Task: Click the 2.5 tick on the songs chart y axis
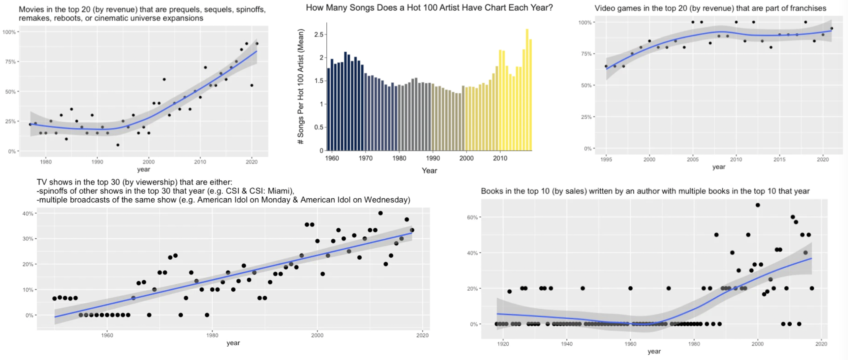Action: (x=319, y=34)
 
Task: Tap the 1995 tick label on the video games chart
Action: (x=606, y=159)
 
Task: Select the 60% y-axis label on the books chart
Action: (x=472, y=217)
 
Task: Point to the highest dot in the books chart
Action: (x=758, y=205)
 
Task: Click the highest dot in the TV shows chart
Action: (x=380, y=213)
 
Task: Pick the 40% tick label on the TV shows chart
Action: (x=28, y=213)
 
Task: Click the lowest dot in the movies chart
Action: (x=118, y=145)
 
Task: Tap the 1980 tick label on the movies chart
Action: (x=46, y=162)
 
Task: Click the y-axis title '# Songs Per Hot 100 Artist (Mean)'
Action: (x=301, y=86)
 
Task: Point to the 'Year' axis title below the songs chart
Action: (x=429, y=170)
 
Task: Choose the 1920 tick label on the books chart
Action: (x=503, y=344)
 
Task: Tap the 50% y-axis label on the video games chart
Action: (x=586, y=85)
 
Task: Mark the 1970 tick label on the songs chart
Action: (x=365, y=158)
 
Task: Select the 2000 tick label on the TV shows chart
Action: (x=317, y=335)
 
